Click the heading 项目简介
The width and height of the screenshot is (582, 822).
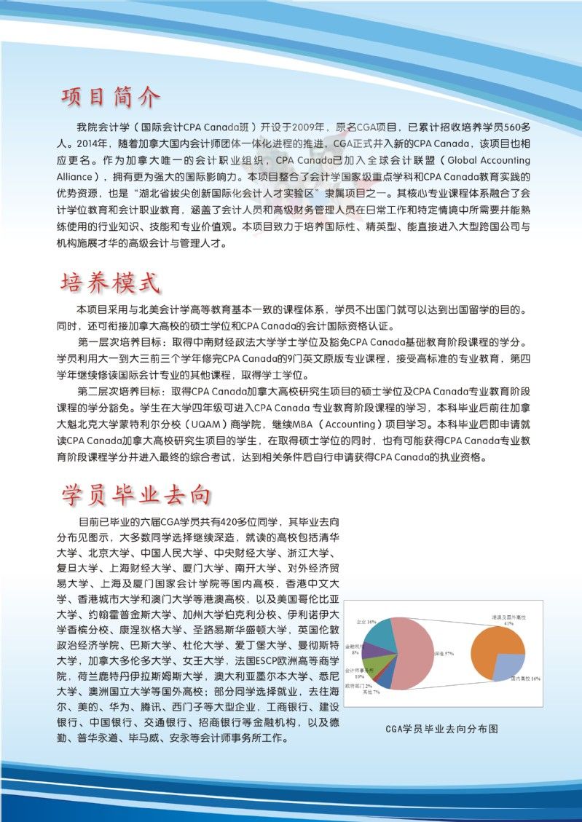(110, 97)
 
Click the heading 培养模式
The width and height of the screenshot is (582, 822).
(110, 280)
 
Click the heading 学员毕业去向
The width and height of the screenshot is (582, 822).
(136, 494)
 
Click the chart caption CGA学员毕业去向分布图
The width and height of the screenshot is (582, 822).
(442, 729)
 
